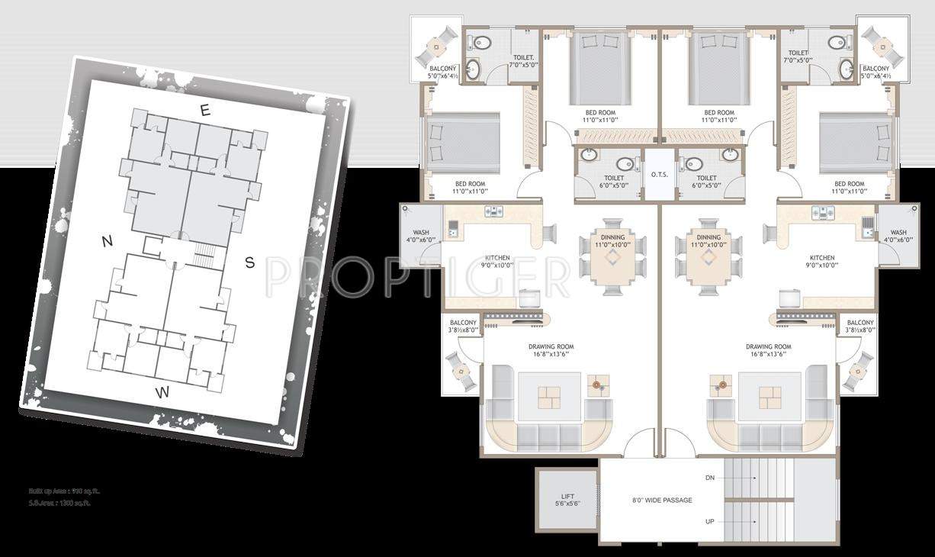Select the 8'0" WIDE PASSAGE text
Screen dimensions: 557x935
click(x=661, y=501)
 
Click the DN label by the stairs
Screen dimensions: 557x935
click(x=710, y=478)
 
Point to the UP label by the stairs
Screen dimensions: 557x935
click(x=710, y=523)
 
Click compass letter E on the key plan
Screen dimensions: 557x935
click(x=204, y=111)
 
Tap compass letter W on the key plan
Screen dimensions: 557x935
click(x=162, y=393)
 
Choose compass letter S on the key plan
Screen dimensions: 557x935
click(x=249, y=263)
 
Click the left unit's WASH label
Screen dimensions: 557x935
click(x=421, y=233)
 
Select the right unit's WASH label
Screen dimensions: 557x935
click(x=898, y=233)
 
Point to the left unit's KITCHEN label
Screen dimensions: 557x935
click(x=497, y=258)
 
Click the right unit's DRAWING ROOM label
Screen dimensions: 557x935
click(x=768, y=346)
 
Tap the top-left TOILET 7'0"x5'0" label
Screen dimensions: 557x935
click(x=524, y=61)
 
